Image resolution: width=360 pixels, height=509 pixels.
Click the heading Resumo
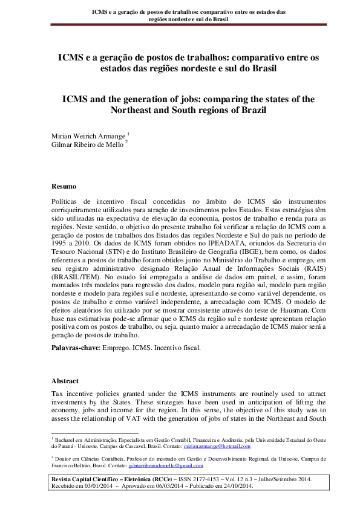coord(64,187)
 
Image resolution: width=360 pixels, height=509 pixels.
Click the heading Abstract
coord(65,382)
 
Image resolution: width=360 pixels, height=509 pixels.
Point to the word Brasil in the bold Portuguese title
coord(260,68)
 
